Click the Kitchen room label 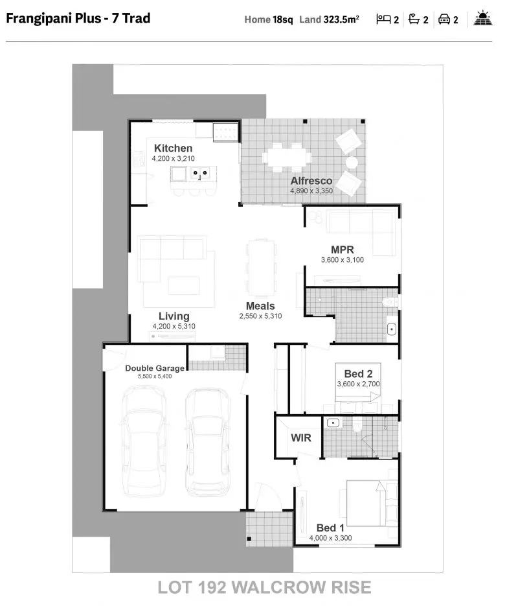[x=173, y=148]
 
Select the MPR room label [x=342, y=250]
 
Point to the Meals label [x=260, y=306]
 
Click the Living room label [x=174, y=316]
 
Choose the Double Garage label [x=155, y=368]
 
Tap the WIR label [x=300, y=437]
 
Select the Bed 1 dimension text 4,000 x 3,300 [x=330, y=538]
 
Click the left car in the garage [x=143, y=441]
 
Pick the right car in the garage [x=207, y=441]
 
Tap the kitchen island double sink [x=198, y=173]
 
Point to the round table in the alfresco [x=352, y=162]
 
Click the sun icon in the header [x=483, y=19]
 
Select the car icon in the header [x=444, y=19]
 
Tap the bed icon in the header [x=383, y=19]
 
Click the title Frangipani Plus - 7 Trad [x=78, y=18]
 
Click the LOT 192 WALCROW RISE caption [x=264, y=587]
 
